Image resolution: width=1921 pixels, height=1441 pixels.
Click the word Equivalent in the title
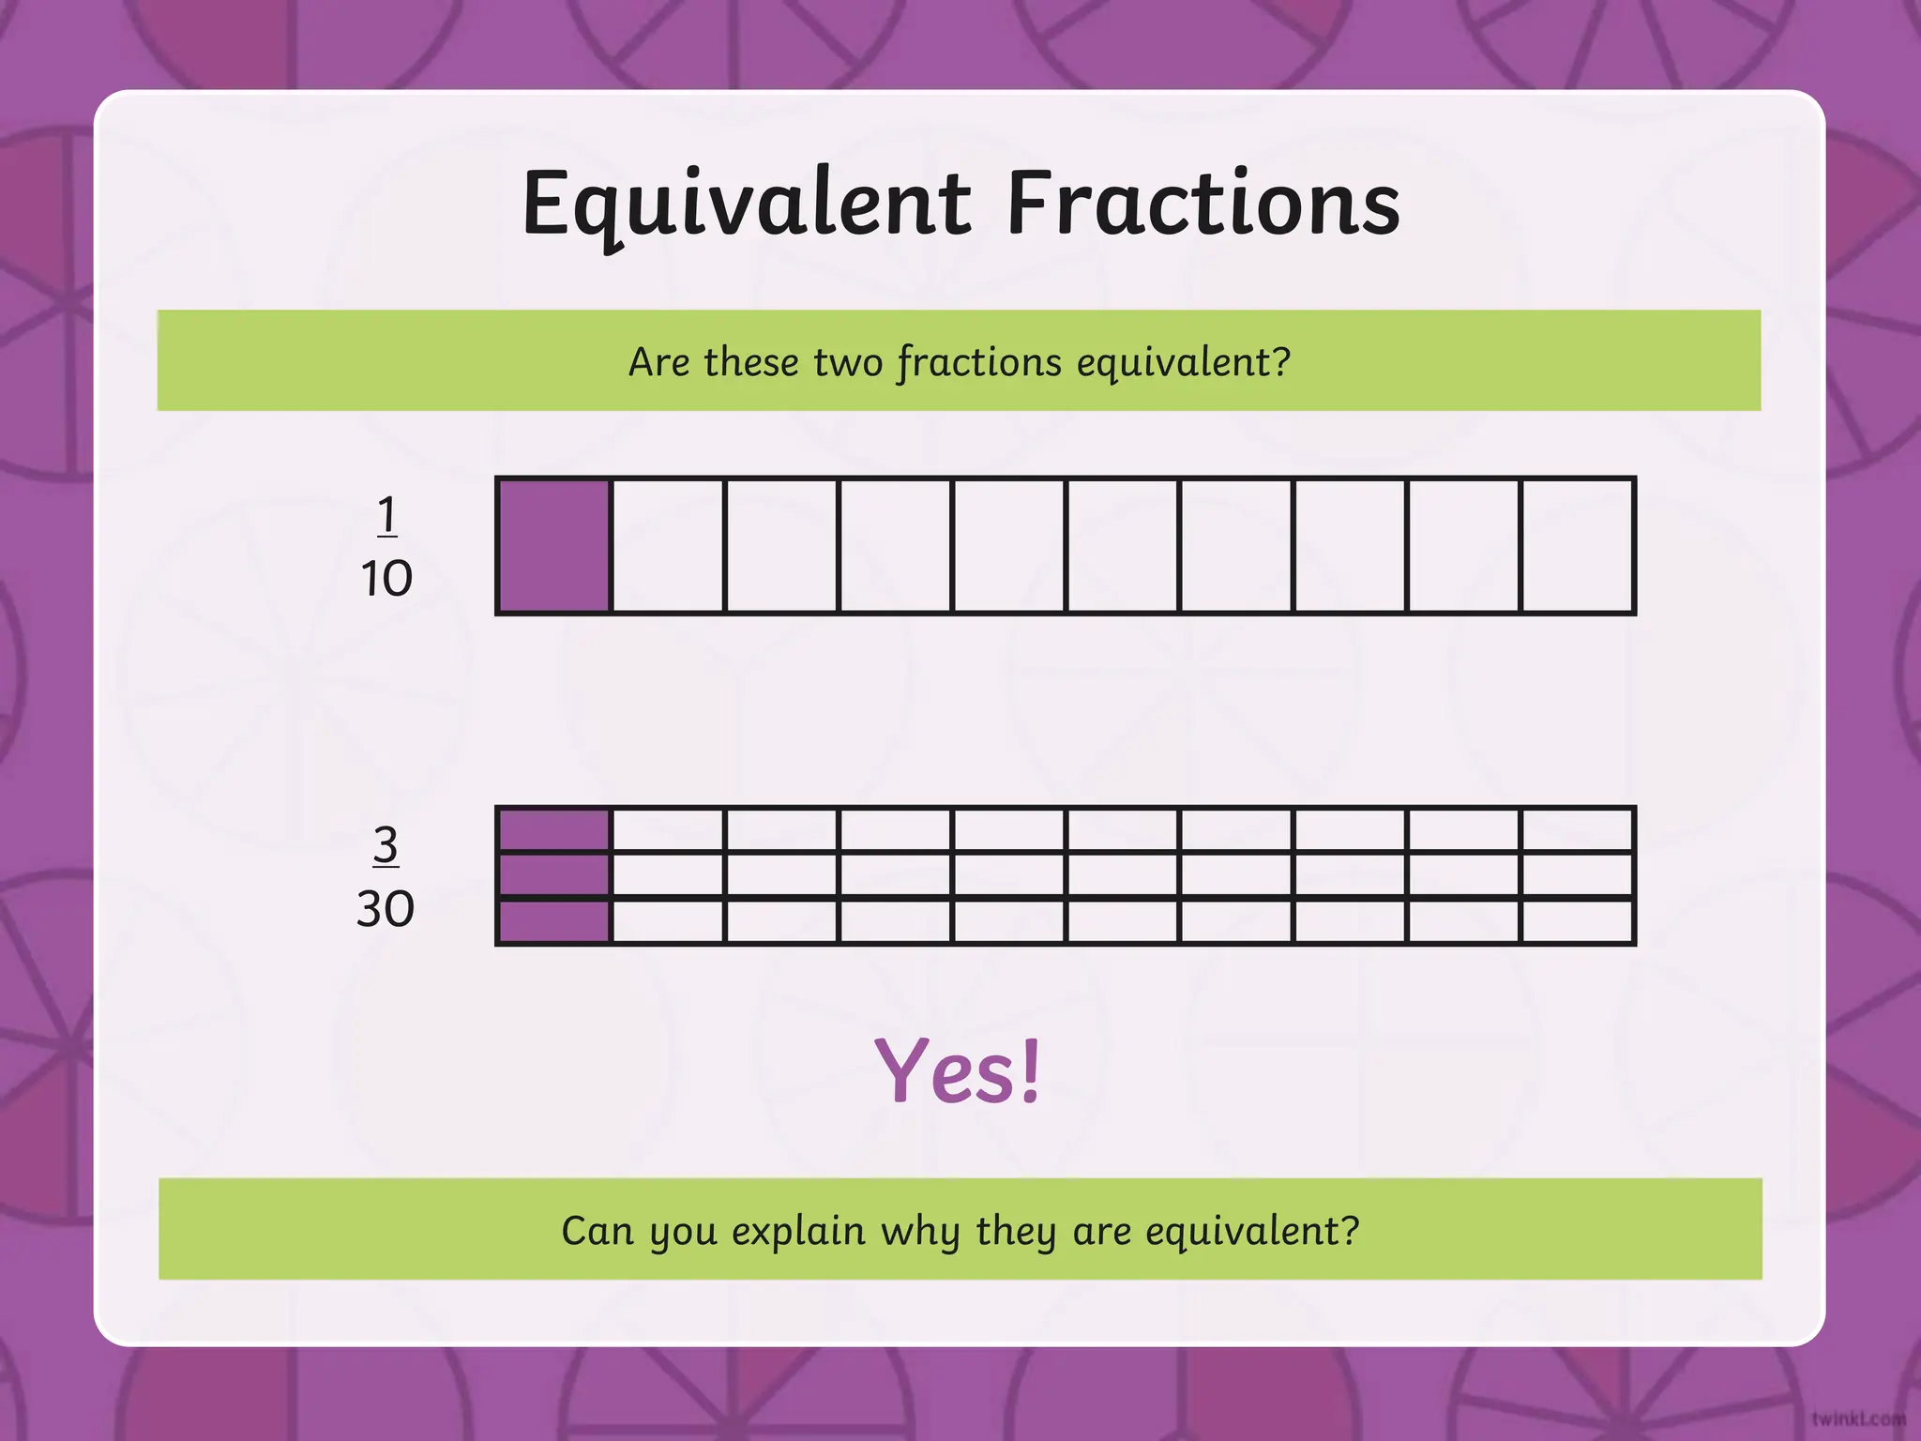(x=746, y=205)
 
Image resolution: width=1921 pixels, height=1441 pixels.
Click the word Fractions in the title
(x=1203, y=205)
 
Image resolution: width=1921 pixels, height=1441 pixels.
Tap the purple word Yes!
(x=958, y=1070)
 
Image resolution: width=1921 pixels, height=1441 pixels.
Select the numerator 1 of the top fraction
(x=386, y=515)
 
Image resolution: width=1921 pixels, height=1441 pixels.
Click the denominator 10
(x=386, y=578)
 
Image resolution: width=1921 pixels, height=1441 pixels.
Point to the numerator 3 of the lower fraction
(x=386, y=845)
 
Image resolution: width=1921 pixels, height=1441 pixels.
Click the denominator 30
(x=386, y=908)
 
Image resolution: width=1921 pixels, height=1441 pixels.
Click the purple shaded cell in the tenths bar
(x=554, y=546)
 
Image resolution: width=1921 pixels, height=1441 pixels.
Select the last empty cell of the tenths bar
(x=1577, y=546)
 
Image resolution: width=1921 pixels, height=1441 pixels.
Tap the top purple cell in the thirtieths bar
(x=554, y=830)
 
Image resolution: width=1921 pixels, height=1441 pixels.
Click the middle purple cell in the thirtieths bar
(x=554, y=875)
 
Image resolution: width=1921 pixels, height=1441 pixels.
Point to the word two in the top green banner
(x=848, y=362)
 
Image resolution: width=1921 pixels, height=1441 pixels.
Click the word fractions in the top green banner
(x=979, y=362)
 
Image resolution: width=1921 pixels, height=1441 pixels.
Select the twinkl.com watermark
(x=1858, y=1418)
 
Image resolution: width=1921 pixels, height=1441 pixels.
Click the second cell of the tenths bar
(x=668, y=546)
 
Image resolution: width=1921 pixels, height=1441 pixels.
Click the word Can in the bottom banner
(x=597, y=1230)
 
